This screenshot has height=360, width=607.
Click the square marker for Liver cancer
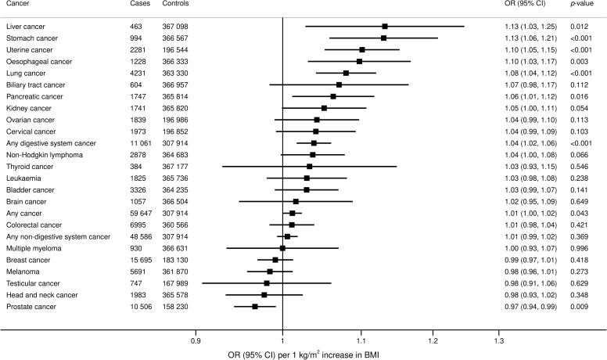click(385, 27)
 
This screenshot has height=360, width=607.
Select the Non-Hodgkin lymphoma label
click(44, 155)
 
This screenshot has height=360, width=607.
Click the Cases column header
click(141, 5)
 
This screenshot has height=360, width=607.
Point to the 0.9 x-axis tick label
click(196, 341)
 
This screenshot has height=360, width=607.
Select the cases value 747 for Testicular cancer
click(137, 283)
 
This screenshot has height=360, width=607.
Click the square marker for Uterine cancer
click(362, 49)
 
